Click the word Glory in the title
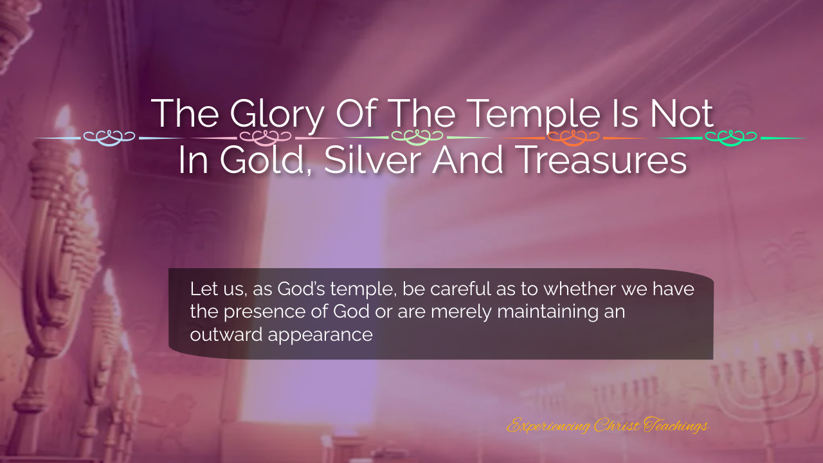[277, 114]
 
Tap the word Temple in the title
[535, 114]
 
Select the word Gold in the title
[266, 160]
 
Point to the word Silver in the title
[372, 160]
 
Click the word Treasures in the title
[604, 160]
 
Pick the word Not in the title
[682, 114]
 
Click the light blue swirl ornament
[109, 138]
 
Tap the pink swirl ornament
[266, 138]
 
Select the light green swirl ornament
[417, 138]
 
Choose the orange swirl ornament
[573, 138]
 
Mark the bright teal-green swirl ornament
[731, 138]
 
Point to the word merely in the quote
[461, 313]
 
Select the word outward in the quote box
[226, 334]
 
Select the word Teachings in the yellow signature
[675, 426]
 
